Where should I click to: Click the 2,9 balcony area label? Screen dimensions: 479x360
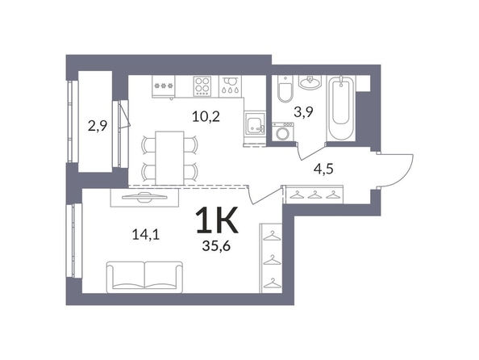coord(98,126)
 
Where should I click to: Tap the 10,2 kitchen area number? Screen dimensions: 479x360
coord(206,116)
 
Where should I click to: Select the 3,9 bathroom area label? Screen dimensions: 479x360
coord(304,112)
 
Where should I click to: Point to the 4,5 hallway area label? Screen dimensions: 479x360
coord(323,169)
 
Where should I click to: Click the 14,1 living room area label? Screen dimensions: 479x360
coord(146,235)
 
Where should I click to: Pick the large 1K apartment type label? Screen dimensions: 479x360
coord(217,220)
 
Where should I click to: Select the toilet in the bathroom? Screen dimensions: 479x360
coord(285,89)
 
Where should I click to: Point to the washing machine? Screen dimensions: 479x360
coord(283,132)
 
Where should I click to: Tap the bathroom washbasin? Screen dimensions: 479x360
coord(310,82)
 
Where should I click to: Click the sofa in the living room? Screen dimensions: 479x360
coord(144,277)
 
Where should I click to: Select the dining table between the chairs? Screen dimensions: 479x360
coord(170,158)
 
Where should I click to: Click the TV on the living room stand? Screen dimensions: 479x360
coord(144,197)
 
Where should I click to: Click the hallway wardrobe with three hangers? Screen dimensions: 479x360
coord(314,195)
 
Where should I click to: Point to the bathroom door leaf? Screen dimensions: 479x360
coord(312,153)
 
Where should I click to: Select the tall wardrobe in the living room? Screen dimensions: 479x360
coord(271,258)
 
